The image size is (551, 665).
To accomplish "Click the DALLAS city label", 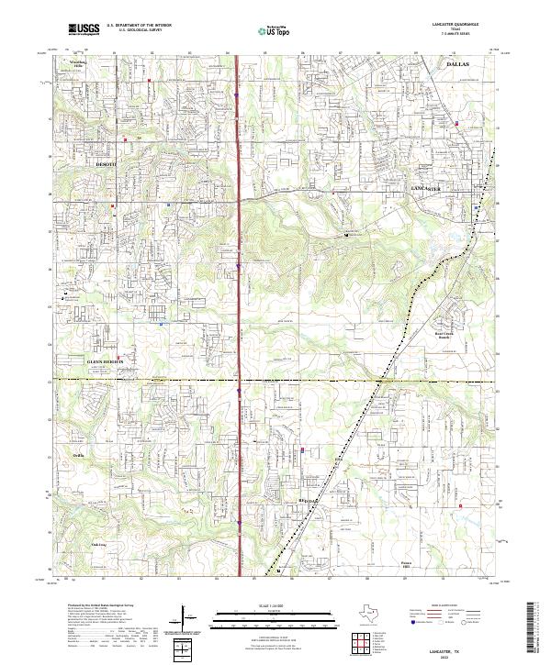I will (x=456, y=66).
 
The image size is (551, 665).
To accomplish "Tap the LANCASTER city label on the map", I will (x=427, y=189).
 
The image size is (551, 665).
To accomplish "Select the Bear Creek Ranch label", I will (x=445, y=336).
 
